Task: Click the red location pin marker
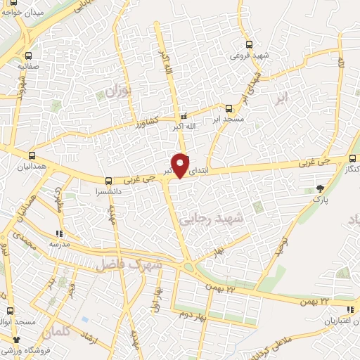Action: click(x=181, y=165)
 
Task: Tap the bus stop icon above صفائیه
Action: click(x=27, y=56)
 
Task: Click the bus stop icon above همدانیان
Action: click(x=32, y=155)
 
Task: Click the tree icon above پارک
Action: click(x=321, y=187)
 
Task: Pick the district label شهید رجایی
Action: click(x=221, y=219)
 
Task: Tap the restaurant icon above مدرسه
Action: click(x=60, y=233)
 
